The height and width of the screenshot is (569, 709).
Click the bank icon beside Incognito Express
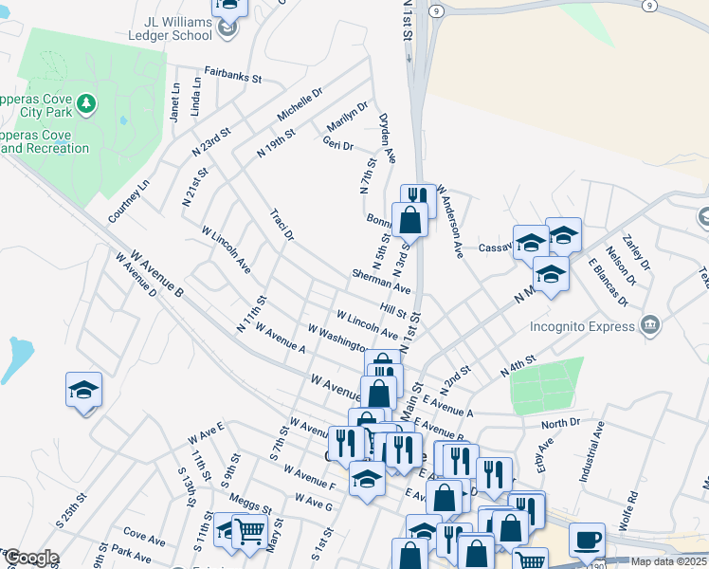pyautogui.click(x=649, y=326)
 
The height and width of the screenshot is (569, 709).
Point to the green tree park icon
pyautogui.click(x=85, y=103)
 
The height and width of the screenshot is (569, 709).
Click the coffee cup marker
pyautogui.click(x=587, y=539)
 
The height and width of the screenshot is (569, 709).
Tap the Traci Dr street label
pyautogui.click(x=282, y=226)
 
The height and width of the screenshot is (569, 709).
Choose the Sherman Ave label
pyautogui.click(x=380, y=281)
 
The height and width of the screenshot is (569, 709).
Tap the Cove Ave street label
pyautogui.click(x=144, y=536)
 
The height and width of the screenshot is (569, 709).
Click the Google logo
pyautogui.click(x=31, y=558)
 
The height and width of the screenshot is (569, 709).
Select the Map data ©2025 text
pyautogui.click(x=667, y=561)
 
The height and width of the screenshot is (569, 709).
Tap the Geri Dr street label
pyautogui.click(x=337, y=144)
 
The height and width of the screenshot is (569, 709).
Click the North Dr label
pyautogui.click(x=560, y=423)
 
